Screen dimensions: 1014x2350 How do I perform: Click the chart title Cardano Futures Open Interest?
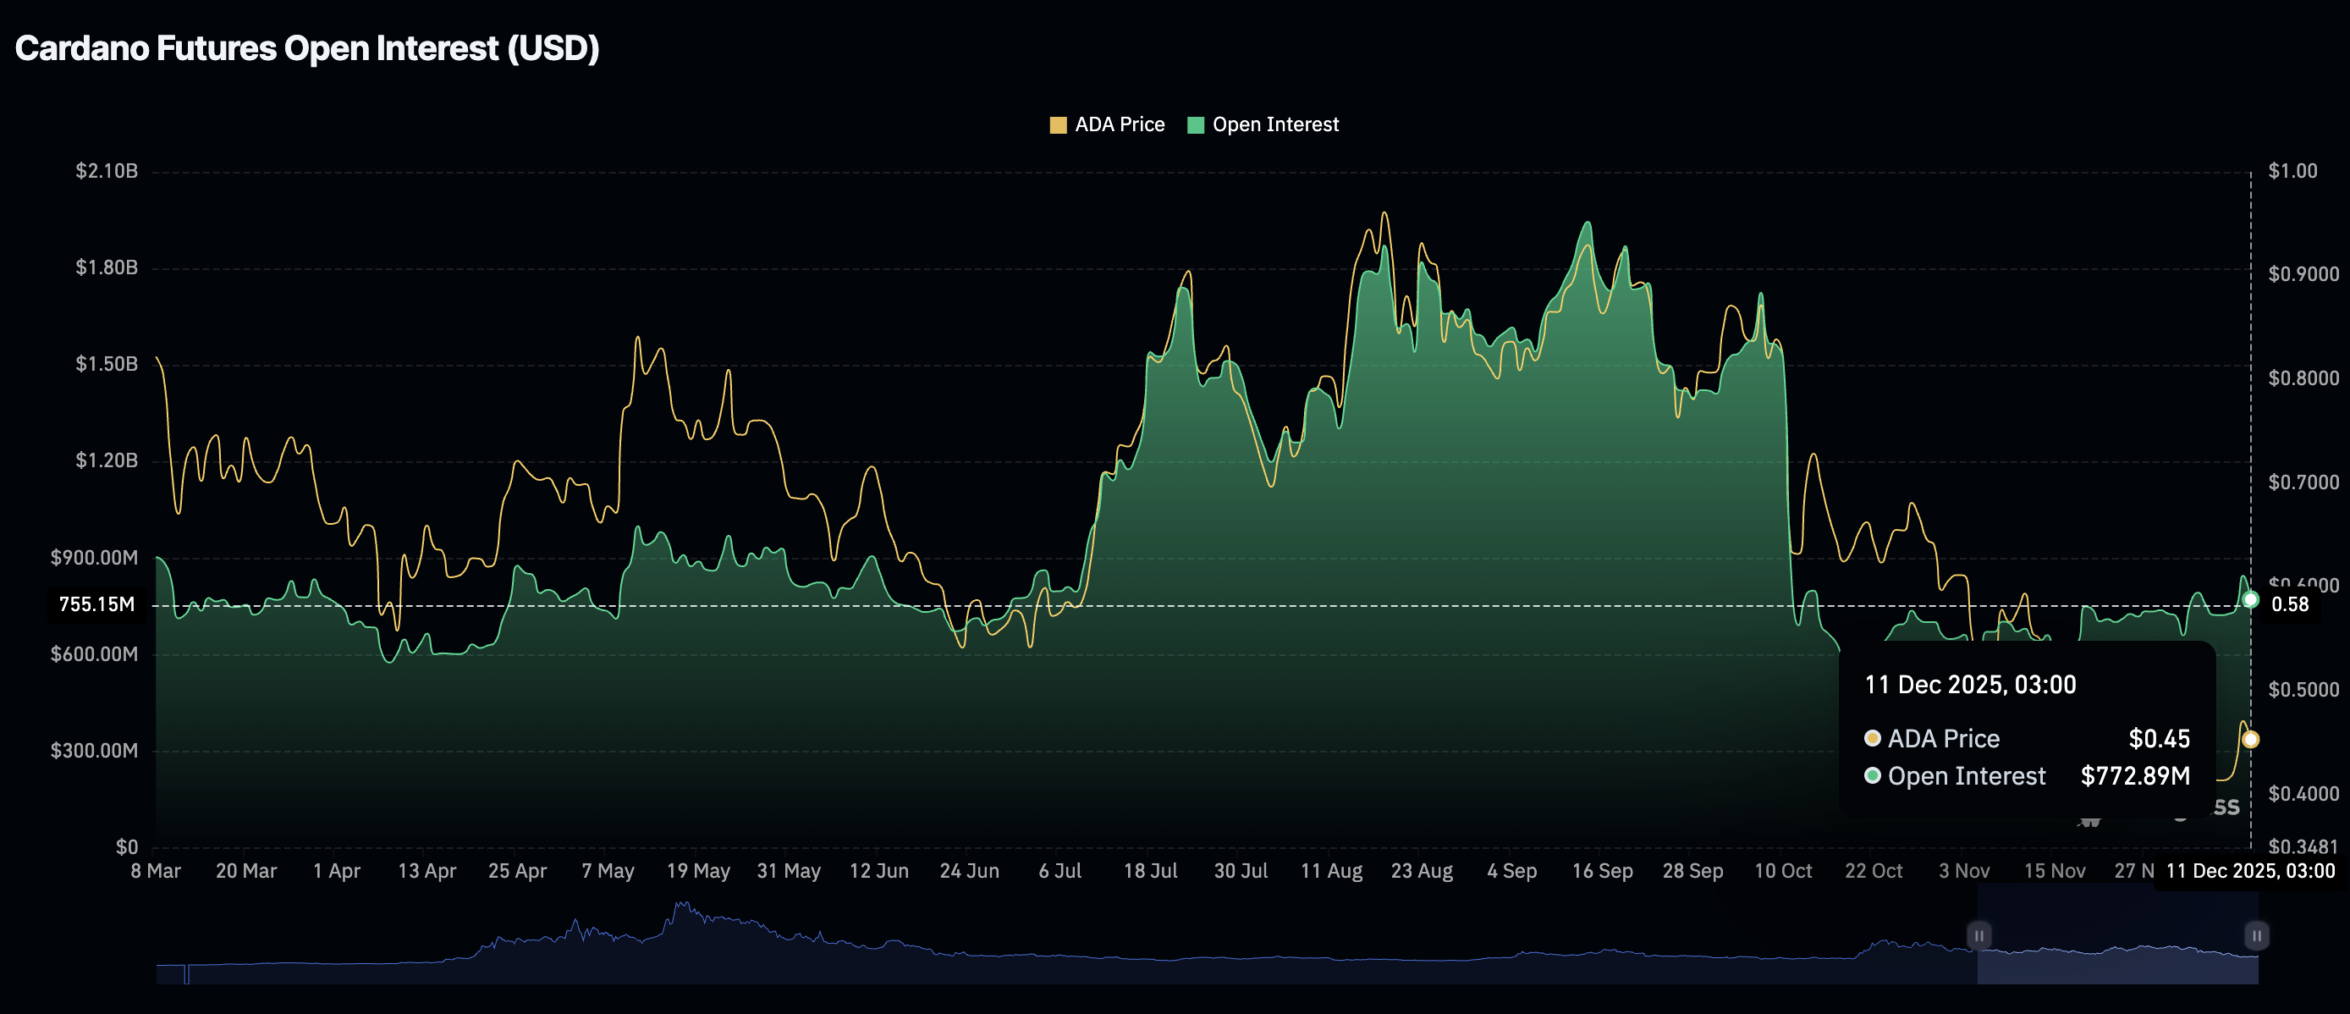pyautogui.click(x=306, y=48)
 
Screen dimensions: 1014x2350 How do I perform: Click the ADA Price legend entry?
pyautogui.click(x=1107, y=125)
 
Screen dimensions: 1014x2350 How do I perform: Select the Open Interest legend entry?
pyautogui.click(x=1263, y=125)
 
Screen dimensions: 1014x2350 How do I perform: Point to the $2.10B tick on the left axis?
pyautogui.click(x=107, y=171)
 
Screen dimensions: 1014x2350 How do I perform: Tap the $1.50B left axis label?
pyautogui.click(x=107, y=364)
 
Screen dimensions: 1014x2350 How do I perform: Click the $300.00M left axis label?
pyautogui.click(x=95, y=750)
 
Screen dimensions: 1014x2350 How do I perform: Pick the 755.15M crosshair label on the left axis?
pyautogui.click(x=96, y=604)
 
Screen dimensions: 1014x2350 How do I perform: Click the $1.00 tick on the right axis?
pyautogui.click(x=2292, y=171)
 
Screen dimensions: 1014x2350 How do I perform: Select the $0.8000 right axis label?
pyautogui.click(x=2303, y=377)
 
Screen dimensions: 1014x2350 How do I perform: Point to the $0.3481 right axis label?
pyautogui.click(x=2303, y=847)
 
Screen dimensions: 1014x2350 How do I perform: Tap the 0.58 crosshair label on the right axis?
pyautogui.click(x=2290, y=604)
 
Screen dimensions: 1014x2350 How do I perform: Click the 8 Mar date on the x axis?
pyautogui.click(x=156, y=871)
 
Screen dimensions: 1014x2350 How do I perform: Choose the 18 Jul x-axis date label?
pyautogui.click(x=1149, y=871)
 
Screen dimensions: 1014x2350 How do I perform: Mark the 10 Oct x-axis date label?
pyautogui.click(x=1782, y=871)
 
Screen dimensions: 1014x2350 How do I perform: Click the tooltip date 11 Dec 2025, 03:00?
pyautogui.click(x=1969, y=685)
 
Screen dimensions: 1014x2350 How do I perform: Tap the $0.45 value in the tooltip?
pyautogui.click(x=2159, y=738)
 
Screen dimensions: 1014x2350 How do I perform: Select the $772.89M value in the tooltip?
pyautogui.click(x=2135, y=776)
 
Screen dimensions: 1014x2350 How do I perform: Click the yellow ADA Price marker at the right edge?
pyautogui.click(x=2250, y=739)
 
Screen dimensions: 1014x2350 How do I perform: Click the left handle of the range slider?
pyautogui.click(x=1979, y=935)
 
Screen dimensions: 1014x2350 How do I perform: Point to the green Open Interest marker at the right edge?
pyautogui.click(x=2250, y=599)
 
